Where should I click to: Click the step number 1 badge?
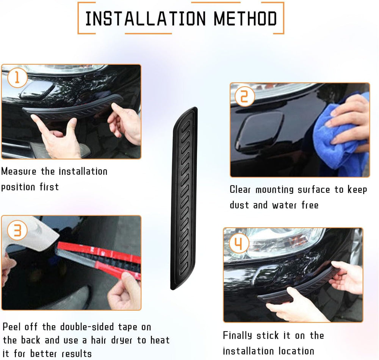click(x=16, y=78)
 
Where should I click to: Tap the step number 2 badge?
click(x=244, y=97)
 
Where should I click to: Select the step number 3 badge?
click(x=17, y=231)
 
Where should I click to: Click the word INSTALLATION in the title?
click(x=145, y=19)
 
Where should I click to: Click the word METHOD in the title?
click(x=245, y=19)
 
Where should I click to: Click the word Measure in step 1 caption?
click(x=19, y=171)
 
